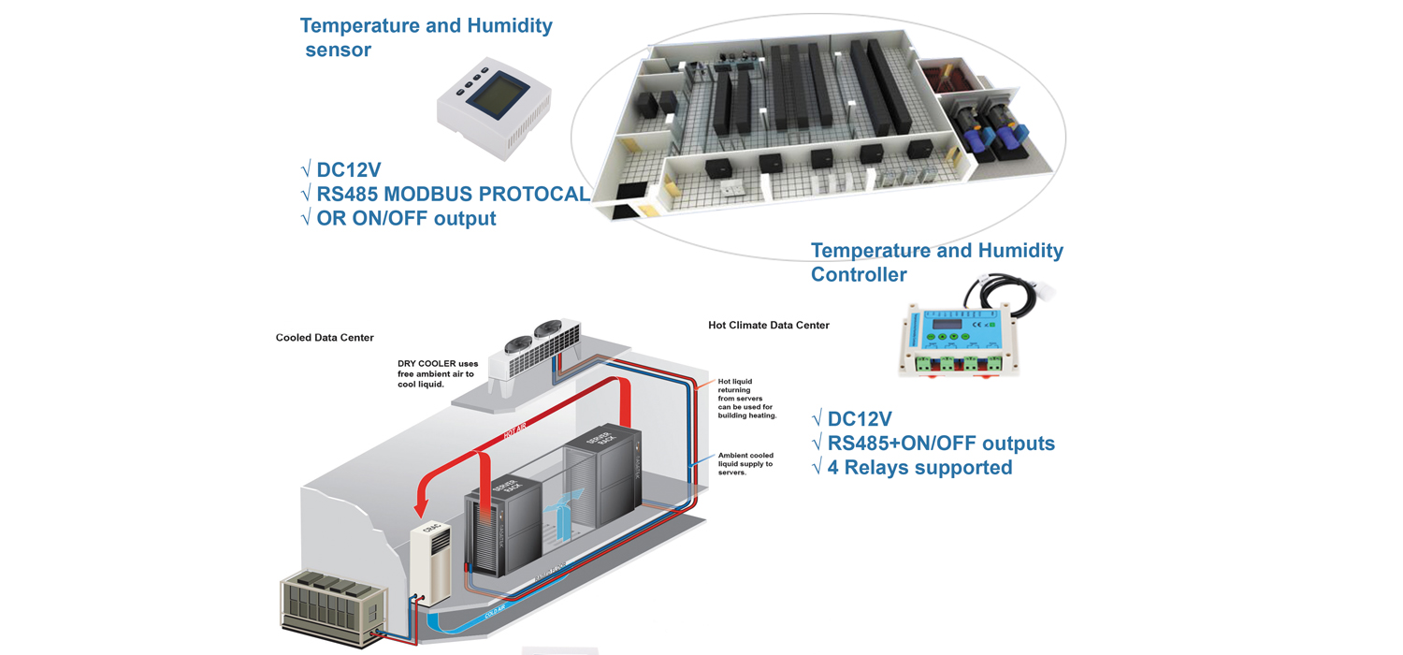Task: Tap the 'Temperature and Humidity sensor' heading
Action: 426,37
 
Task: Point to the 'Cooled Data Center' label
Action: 325,338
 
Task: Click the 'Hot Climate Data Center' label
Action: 768,326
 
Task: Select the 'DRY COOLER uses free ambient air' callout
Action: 436,373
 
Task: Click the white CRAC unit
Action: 430,558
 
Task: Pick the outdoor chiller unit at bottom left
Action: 332,607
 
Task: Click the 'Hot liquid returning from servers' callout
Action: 746,399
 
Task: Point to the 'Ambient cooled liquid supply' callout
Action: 745,464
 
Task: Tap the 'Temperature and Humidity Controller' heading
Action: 936,262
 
